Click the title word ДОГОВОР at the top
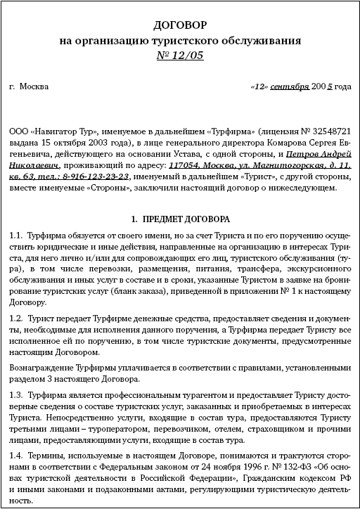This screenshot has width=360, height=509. [x=181, y=25]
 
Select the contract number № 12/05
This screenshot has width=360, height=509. [x=181, y=56]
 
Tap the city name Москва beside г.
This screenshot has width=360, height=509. [x=34, y=87]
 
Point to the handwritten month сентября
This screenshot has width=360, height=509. [x=289, y=87]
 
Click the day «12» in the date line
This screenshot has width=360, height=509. [x=259, y=87]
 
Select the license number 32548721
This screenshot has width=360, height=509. [x=329, y=131]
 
